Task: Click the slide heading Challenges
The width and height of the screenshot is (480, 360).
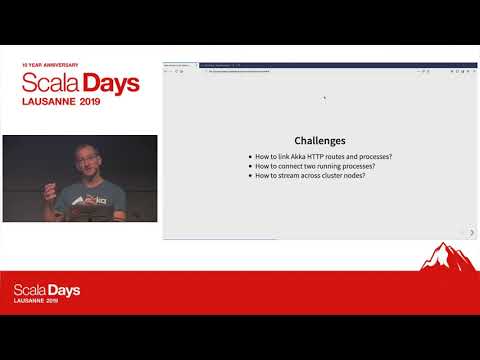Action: point(320,141)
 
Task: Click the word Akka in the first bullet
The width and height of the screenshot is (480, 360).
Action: point(295,158)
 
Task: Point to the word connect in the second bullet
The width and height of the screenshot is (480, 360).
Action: point(296,167)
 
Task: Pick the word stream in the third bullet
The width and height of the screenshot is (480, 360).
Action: point(295,176)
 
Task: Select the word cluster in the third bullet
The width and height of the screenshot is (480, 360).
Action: point(335,176)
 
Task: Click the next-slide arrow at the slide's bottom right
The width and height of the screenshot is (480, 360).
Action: point(472,232)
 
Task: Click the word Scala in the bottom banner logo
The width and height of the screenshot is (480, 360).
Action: point(30,290)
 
